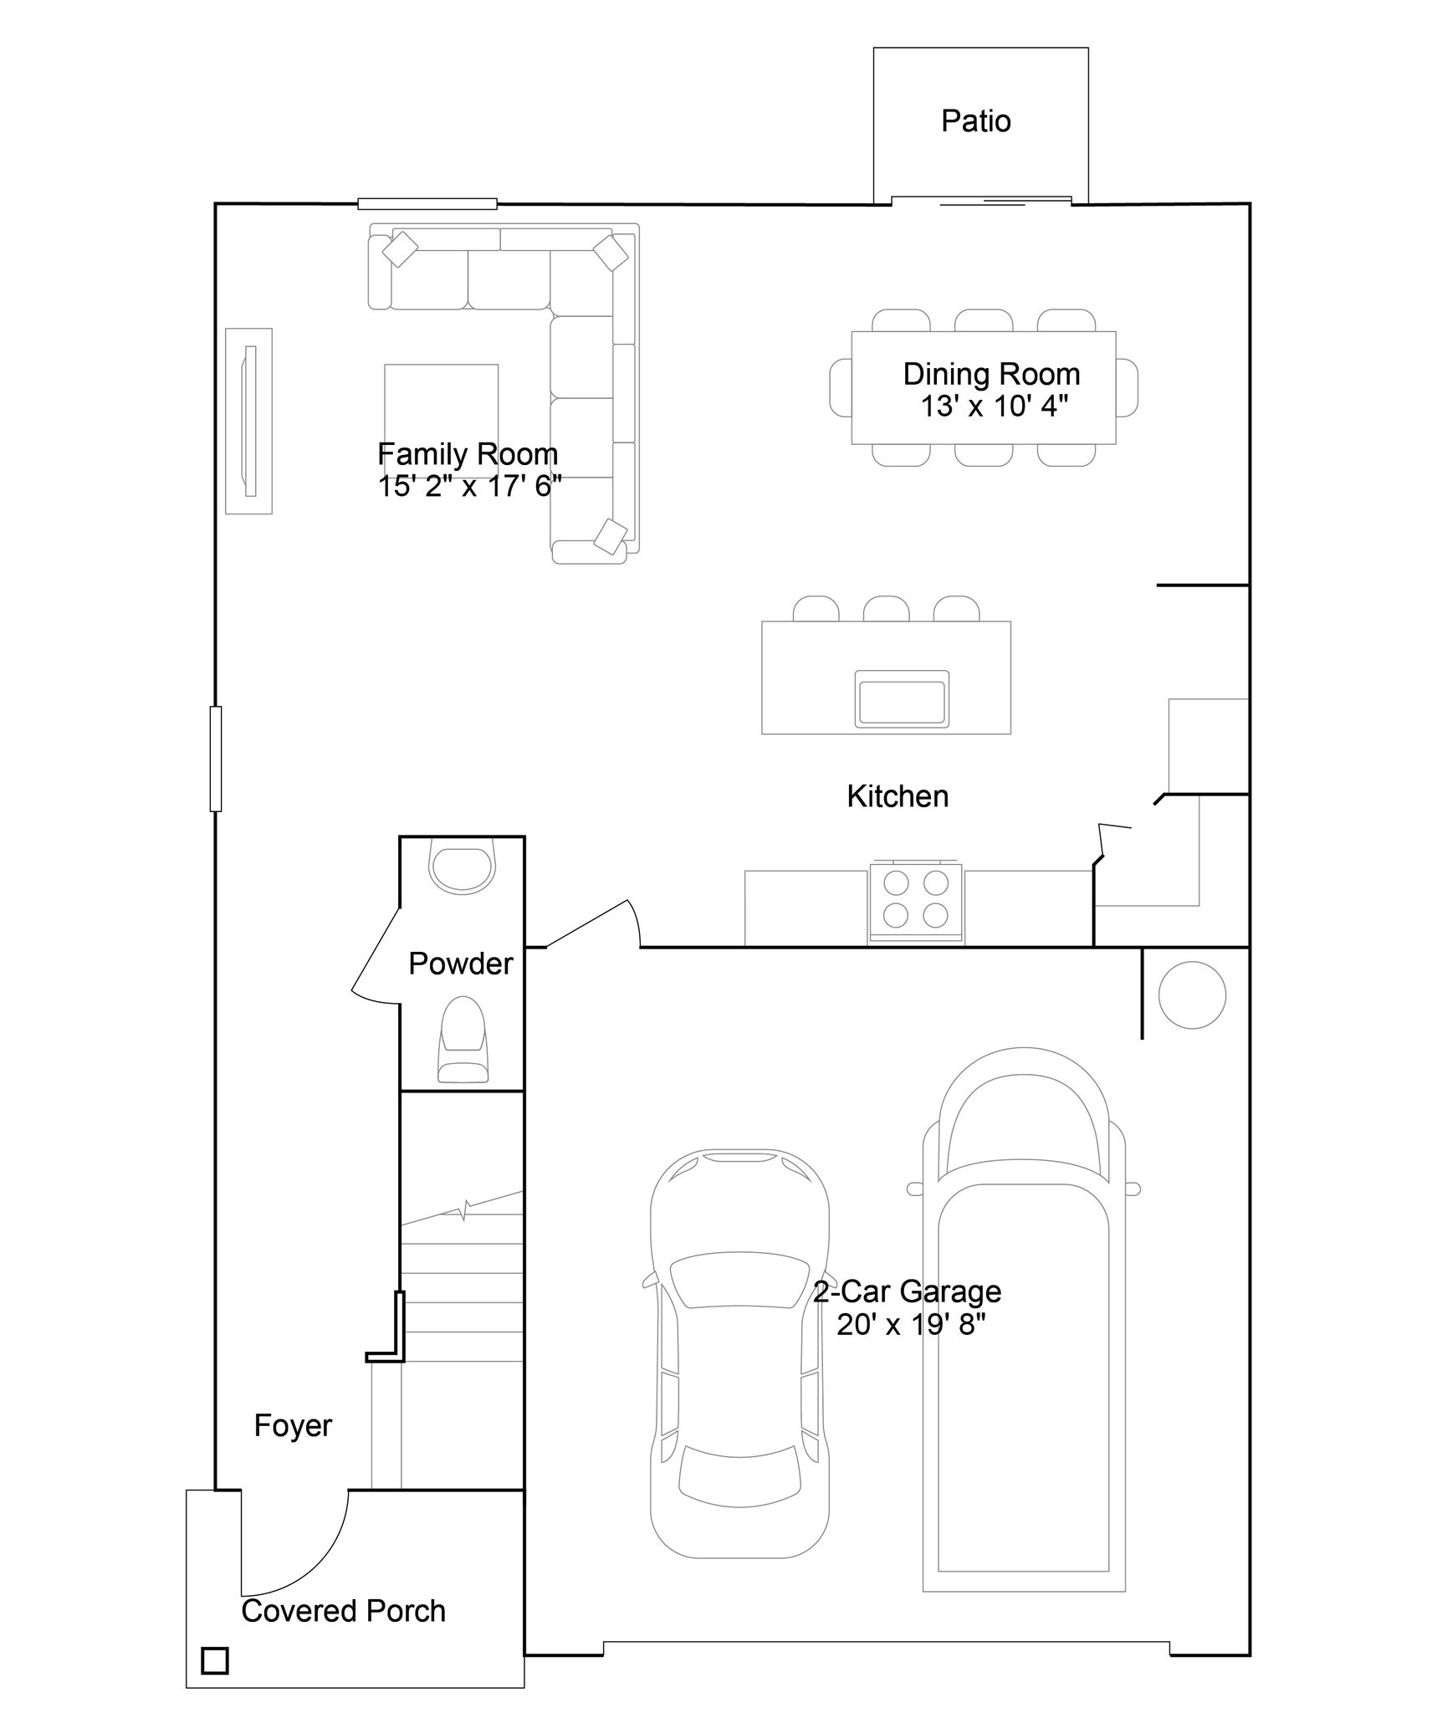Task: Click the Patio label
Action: coord(975,121)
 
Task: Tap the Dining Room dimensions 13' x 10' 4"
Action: coord(994,407)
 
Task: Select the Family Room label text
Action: coord(468,454)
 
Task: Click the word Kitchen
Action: coord(898,796)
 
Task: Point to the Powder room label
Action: coord(460,964)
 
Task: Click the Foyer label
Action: coord(293,1425)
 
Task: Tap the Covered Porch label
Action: coord(344,1611)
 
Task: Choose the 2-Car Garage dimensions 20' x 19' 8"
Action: coord(911,1324)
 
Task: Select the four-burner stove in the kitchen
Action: coord(916,902)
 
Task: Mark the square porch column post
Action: coord(215,1660)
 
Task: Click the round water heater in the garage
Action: coord(1192,995)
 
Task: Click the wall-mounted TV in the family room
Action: coord(248,421)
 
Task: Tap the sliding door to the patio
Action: coord(981,201)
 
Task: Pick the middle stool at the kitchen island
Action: coord(886,608)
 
